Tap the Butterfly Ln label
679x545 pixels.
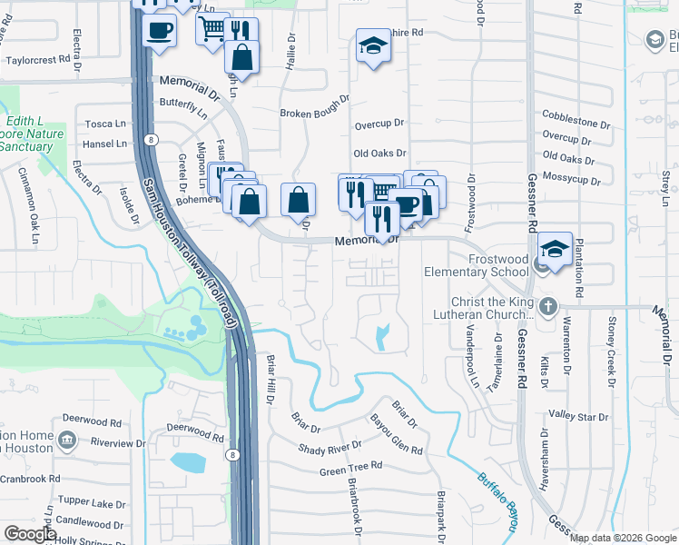click(184, 105)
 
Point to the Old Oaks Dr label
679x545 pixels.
click(379, 154)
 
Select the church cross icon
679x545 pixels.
click(547, 306)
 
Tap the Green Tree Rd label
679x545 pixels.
click(350, 471)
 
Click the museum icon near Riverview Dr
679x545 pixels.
click(66, 441)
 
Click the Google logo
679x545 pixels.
click(30, 534)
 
